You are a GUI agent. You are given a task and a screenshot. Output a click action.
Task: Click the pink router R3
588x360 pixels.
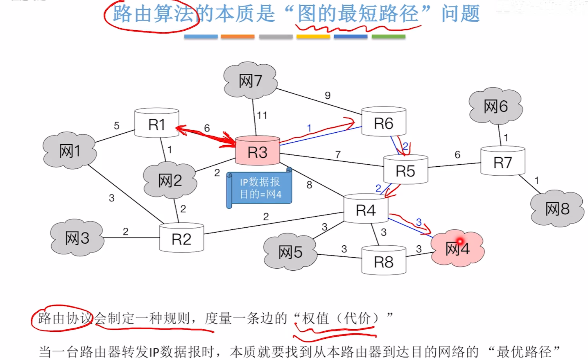[258, 152]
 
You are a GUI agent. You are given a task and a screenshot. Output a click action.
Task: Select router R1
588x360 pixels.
[157, 124]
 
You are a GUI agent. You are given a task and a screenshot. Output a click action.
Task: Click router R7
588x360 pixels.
[502, 162]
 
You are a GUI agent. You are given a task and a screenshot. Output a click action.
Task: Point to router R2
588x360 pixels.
[181, 239]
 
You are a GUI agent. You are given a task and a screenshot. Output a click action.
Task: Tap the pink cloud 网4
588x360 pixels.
[457, 249]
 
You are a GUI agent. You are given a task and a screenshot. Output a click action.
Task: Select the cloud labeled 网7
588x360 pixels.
[250, 81]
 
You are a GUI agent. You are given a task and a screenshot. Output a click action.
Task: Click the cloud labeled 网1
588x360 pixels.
[70, 151]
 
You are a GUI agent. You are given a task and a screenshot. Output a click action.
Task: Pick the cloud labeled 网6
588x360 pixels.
[495, 106]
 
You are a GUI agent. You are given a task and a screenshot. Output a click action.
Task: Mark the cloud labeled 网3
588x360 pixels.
[77, 238]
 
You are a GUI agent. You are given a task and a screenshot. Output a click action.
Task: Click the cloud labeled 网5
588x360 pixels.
[290, 252]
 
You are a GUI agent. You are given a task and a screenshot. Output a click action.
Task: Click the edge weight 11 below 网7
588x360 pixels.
[262, 115]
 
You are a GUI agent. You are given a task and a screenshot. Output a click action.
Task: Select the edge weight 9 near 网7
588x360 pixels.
[328, 95]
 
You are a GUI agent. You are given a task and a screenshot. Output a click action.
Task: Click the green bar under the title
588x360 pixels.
[388, 37]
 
